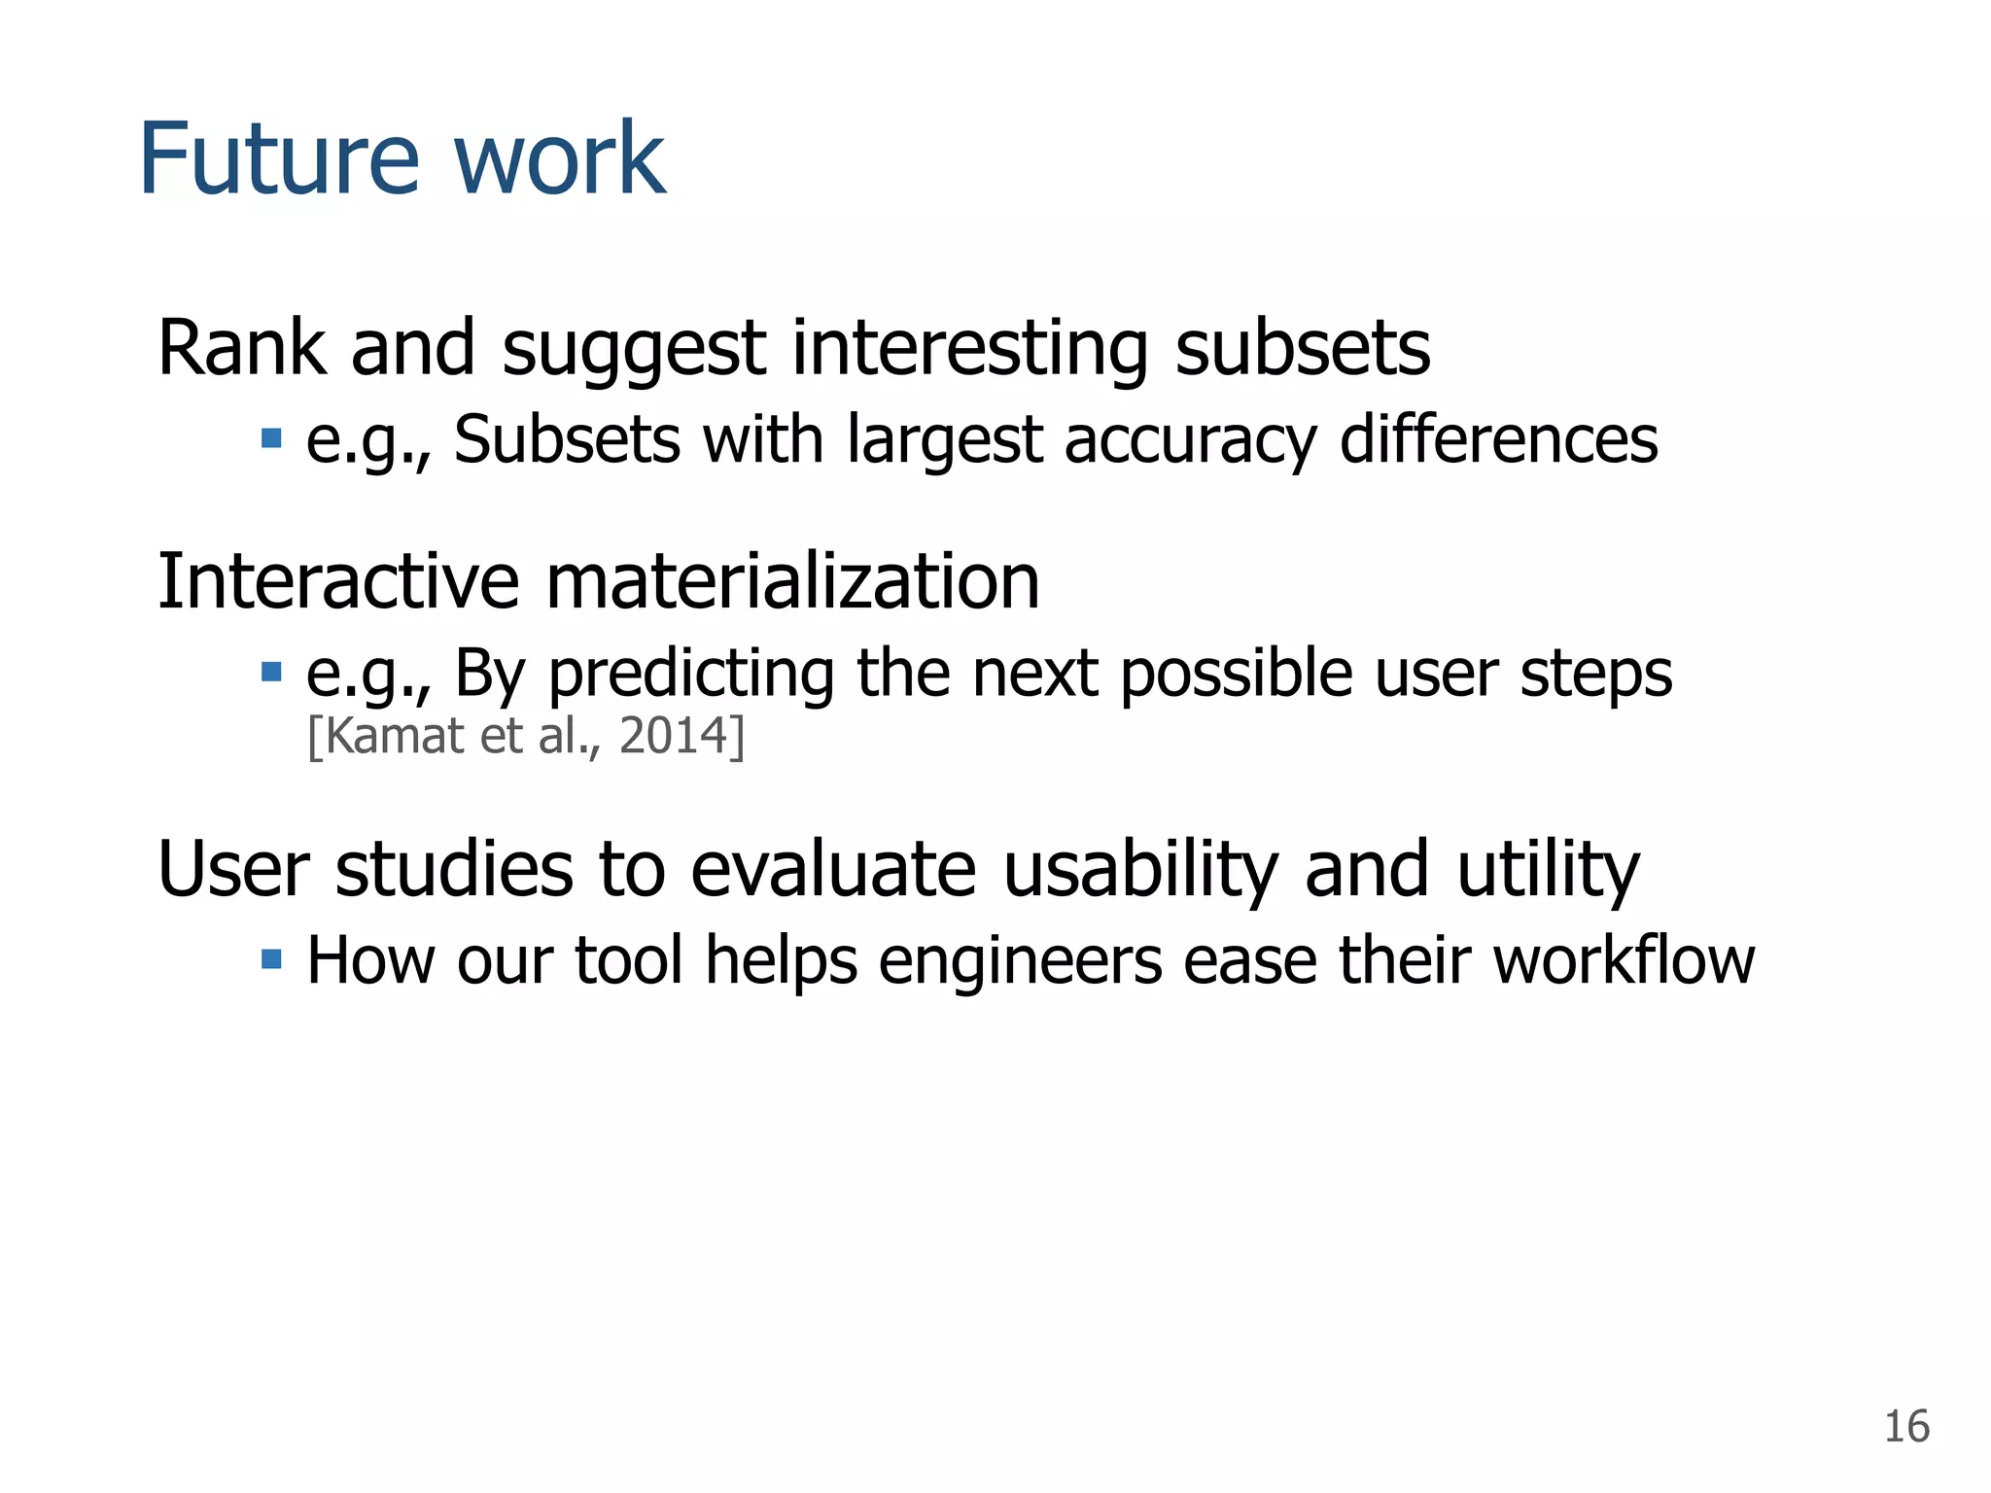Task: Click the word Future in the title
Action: click(x=279, y=158)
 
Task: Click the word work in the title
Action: click(x=559, y=158)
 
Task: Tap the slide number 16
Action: click(x=1905, y=1427)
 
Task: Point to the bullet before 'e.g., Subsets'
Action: click(x=271, y=438)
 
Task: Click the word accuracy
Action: click(x=1189, y=440)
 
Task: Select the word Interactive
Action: click(x=338, y=581)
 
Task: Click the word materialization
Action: click(x=792, y=581)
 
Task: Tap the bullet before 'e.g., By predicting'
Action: click(x=271, y=672)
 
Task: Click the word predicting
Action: click(x=690, y=674)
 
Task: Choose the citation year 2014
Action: click(x=673, y=736)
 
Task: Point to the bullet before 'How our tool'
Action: click(x=271, y=960)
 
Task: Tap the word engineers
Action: click(x=1020, y=962)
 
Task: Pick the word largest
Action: click(x=944, y=440)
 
